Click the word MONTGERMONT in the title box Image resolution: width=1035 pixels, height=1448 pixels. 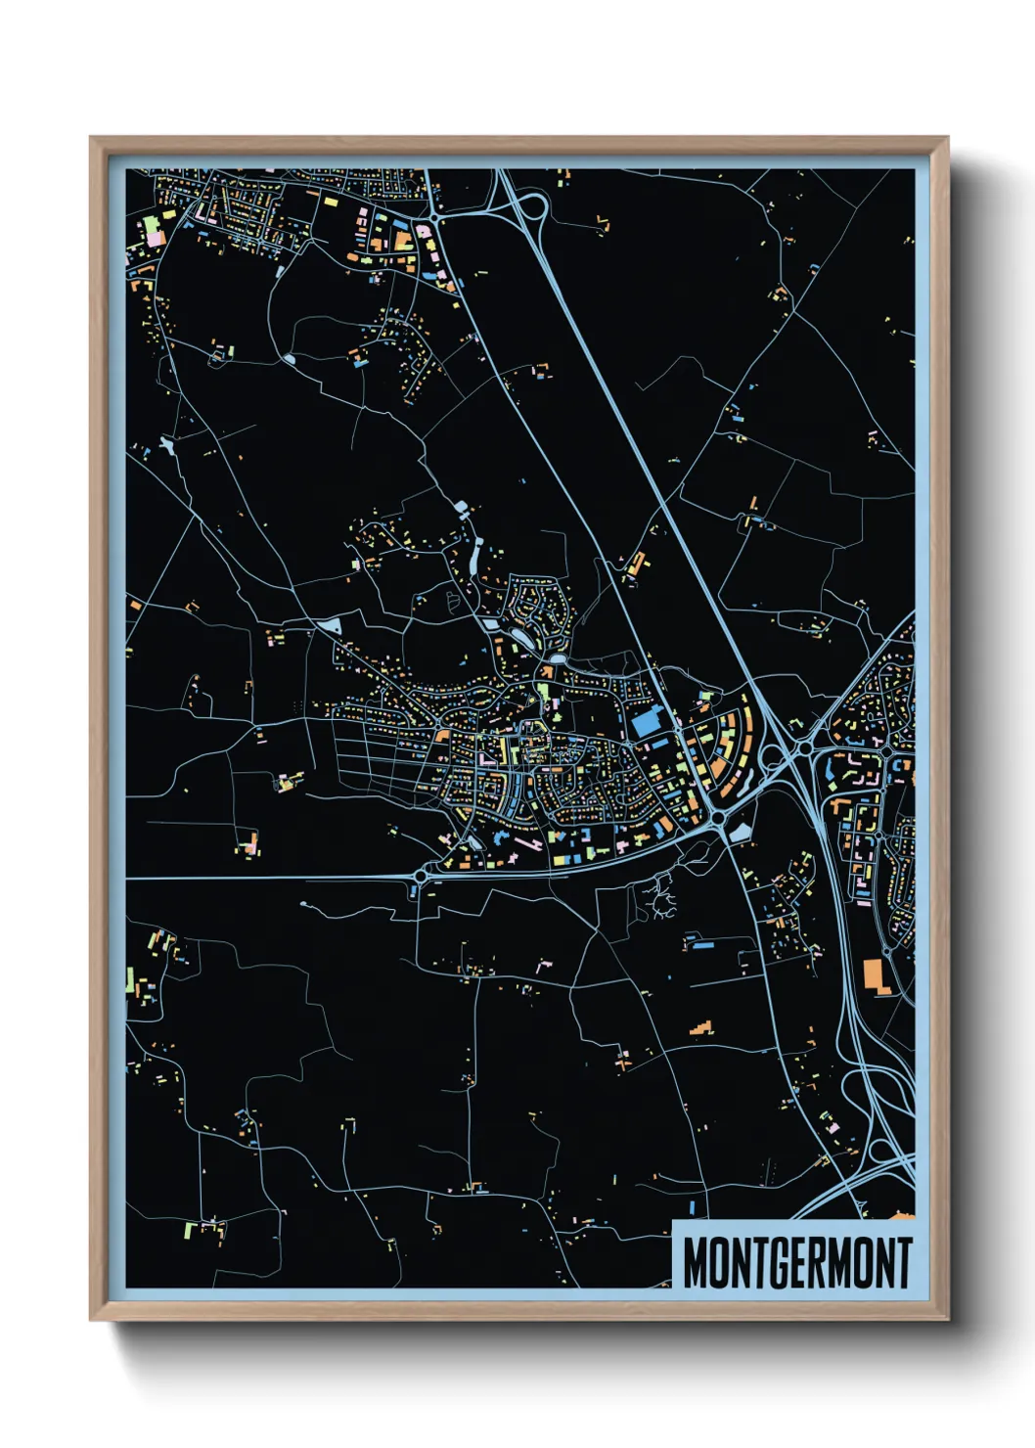pos(796,1262)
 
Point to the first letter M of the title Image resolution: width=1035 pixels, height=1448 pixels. pos(695,1262)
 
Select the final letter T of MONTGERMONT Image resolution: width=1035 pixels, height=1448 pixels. pos(904,1262)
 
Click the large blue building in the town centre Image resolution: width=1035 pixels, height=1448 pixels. pos(646,724)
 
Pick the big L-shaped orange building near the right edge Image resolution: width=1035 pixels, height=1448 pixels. pos(876,976)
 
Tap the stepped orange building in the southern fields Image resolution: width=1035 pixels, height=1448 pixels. pos(700,1028)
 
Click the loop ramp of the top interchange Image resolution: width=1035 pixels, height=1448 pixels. pos(533,207)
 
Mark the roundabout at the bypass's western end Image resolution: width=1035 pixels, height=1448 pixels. pos(422,877)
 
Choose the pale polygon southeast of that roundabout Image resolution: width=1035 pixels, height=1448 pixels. pos(741,832)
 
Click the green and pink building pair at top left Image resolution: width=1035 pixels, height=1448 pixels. pos(154,233)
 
